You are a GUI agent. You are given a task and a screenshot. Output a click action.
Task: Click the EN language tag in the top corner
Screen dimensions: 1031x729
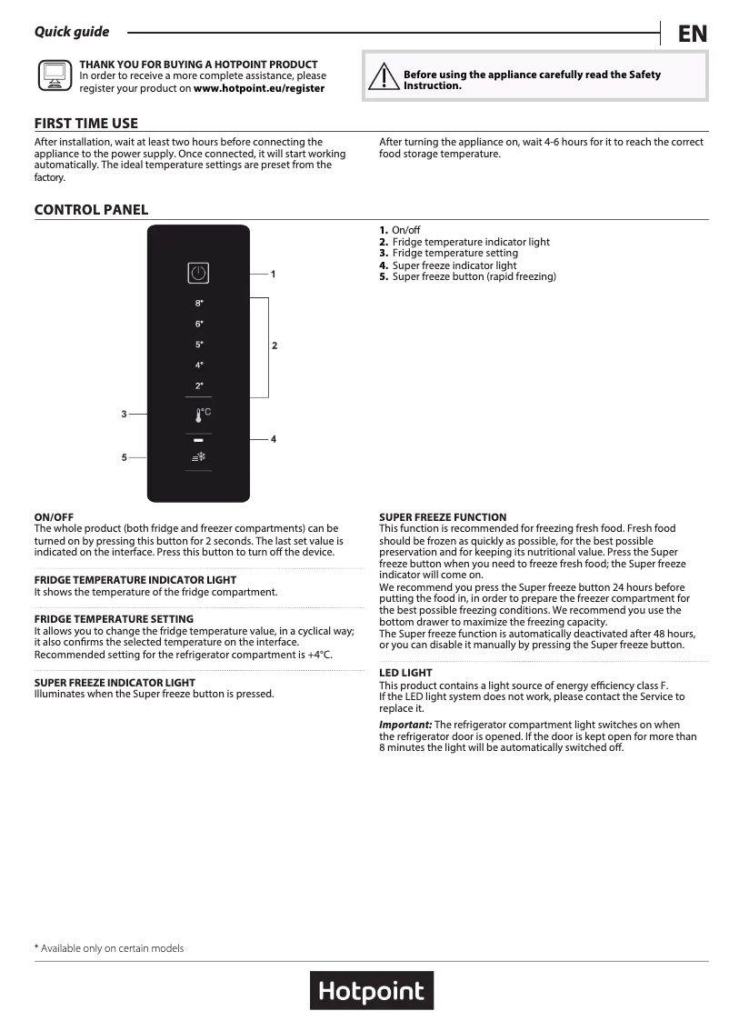tap(693, 34)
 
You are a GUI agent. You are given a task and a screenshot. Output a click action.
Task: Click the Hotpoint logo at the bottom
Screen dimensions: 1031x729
tap(372, 990)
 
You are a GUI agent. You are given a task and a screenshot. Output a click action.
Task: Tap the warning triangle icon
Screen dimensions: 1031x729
tap(383, 78)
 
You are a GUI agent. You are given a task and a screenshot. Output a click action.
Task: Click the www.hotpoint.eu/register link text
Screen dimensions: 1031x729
tap(259, 88)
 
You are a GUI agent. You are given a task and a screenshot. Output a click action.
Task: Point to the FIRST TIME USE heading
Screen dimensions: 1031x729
tap(86, 124)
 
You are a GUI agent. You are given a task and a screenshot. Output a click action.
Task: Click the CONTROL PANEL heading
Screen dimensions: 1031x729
tap(91, 210)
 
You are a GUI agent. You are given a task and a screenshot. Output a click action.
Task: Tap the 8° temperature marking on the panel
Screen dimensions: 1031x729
tap(199, 303)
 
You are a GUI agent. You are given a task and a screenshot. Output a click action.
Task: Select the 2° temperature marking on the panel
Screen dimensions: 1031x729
tap(199, 385)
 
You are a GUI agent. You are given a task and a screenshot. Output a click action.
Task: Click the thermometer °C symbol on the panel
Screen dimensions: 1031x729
tap(201, 415)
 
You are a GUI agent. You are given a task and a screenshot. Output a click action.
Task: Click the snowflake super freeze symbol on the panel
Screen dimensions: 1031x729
tap(199, 457)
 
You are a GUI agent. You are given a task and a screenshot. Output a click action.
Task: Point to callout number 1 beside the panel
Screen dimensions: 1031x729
tap(273, 273)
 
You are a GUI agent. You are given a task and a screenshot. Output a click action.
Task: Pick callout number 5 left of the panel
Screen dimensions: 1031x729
tap(124, 457)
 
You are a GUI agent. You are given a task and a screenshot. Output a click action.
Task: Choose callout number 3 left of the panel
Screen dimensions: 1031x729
tap(124, 415)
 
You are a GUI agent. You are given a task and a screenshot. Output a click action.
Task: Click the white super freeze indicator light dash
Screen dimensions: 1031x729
tap(198, 439)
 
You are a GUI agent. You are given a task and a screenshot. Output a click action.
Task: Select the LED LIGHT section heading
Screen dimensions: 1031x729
tap(405, 673)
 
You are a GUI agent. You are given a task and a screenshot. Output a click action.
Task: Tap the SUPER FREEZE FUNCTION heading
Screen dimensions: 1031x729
tap(443, 517)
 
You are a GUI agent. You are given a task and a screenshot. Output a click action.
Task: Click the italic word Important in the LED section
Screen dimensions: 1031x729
tap(404, 724)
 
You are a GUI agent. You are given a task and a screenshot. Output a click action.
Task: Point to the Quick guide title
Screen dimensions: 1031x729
tap(72, 32)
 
